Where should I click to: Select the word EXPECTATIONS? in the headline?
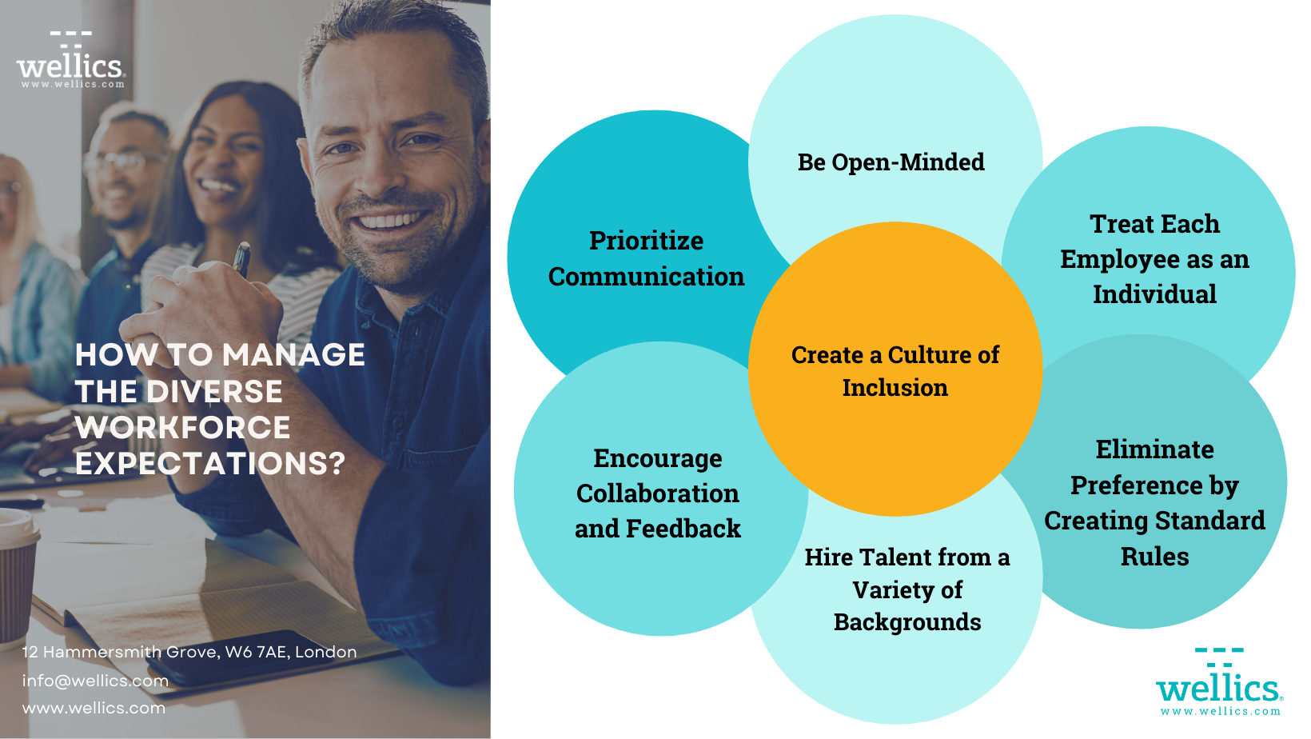point(210,464)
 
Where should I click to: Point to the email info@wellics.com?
point(95,681)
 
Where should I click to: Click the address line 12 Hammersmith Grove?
point(189,652)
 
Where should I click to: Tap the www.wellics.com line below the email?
point(94,708)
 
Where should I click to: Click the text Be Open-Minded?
point(891,162)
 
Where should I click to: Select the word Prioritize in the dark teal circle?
point(646,241)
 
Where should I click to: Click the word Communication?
point(646,277)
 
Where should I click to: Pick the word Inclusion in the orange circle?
point(895,388)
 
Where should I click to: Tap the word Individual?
point(1154,294)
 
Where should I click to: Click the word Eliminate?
point(1154,449)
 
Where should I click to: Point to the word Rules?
point(1154,557)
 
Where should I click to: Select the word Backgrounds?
point(907,622)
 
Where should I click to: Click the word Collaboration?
point(657,493)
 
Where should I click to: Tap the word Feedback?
point(683,529)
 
